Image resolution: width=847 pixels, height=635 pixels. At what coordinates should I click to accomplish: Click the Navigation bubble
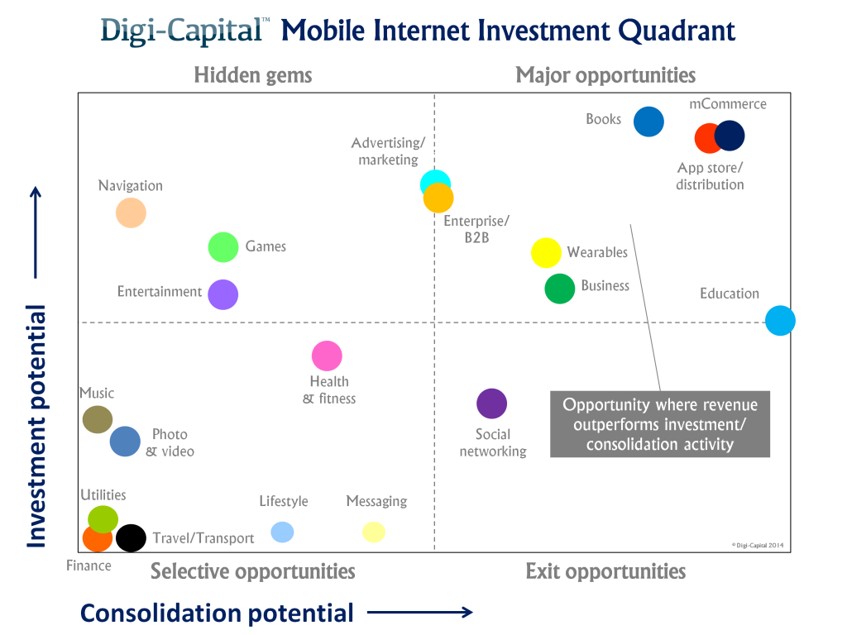click(131, 213)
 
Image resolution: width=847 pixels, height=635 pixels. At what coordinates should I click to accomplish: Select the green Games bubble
click(223, 246)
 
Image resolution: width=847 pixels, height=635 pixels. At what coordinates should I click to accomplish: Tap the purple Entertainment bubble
click(223, 294)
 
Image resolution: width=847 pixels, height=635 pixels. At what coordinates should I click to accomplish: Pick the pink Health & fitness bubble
click(327, 356)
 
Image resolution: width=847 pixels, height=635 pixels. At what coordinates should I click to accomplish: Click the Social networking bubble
click(491, 403)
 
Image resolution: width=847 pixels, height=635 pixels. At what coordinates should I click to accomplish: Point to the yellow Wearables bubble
click(546, 252)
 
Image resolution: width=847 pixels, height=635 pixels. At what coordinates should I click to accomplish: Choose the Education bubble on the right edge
click(779, 320)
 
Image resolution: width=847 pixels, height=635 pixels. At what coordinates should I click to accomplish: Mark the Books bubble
click(648, 122)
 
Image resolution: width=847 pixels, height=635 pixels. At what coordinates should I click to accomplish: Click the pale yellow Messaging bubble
click(374, 532)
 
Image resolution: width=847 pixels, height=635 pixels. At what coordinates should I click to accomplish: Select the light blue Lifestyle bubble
click(282, 532)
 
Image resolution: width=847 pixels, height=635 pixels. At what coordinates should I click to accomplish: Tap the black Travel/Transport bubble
click(131, 538)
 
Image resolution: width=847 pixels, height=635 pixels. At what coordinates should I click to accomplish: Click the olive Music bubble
click(98, 419)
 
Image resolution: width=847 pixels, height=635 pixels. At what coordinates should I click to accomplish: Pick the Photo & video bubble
click(125, 442)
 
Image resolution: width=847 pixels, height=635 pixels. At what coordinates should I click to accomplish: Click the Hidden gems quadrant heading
click(253, 75)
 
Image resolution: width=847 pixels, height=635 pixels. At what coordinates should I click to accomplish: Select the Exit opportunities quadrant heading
click(605, 571)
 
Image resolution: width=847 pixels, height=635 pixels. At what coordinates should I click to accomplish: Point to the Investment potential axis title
click(36, 426)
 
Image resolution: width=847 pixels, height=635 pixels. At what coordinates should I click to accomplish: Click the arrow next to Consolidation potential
click(419, 613)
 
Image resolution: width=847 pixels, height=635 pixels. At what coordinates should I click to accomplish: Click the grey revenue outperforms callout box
click(660, 423)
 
